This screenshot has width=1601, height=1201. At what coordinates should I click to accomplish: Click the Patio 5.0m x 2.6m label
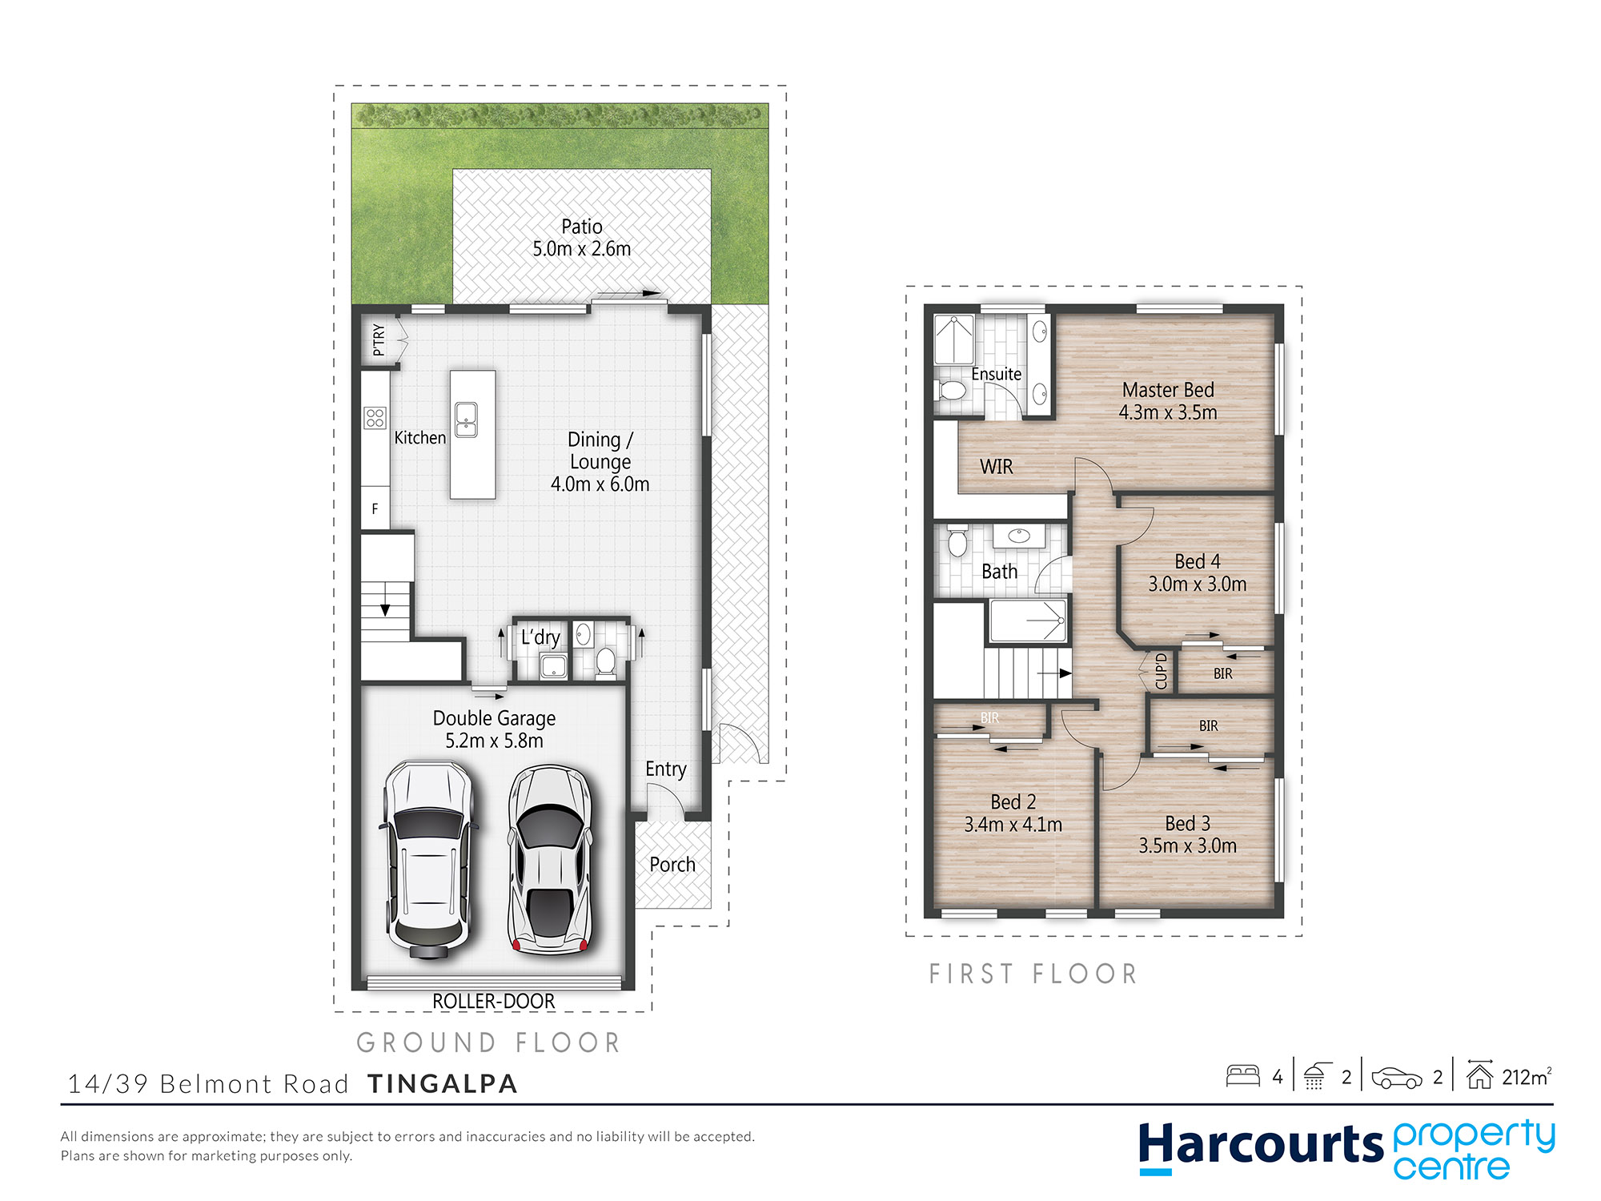pos(582,238)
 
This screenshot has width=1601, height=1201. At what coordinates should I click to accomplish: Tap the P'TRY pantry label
pos(379,340)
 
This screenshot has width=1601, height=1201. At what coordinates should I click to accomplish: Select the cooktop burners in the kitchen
pos(375,417)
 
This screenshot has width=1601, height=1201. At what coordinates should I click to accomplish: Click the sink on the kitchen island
pos(466,420)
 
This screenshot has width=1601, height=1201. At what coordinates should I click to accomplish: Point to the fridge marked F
pos(375,509)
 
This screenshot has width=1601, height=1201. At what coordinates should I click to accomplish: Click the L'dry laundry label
pos(540,637)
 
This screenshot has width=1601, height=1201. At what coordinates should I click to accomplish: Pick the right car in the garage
pos(551,861)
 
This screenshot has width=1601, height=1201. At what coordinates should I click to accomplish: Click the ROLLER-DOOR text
pos(493,1001)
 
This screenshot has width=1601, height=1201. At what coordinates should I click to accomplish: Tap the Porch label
pos(672,865)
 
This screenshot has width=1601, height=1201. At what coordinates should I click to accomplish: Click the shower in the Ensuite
pos(954,339)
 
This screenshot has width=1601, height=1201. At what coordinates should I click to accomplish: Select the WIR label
pos(996,467)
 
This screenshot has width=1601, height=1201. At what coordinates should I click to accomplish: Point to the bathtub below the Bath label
pos(1028,621)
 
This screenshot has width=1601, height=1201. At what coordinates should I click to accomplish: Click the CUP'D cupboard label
pos(1162,671)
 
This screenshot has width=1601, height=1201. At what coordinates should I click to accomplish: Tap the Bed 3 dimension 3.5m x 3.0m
pos(1187,846)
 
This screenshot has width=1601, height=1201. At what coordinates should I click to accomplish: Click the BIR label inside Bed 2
pos(989,718)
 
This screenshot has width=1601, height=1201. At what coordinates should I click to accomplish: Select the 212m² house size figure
pos(1526,1077)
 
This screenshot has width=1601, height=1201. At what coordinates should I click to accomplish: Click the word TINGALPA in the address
pos(443,1083)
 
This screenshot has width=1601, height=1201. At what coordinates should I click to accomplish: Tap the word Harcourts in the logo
pos(1260,1145)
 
